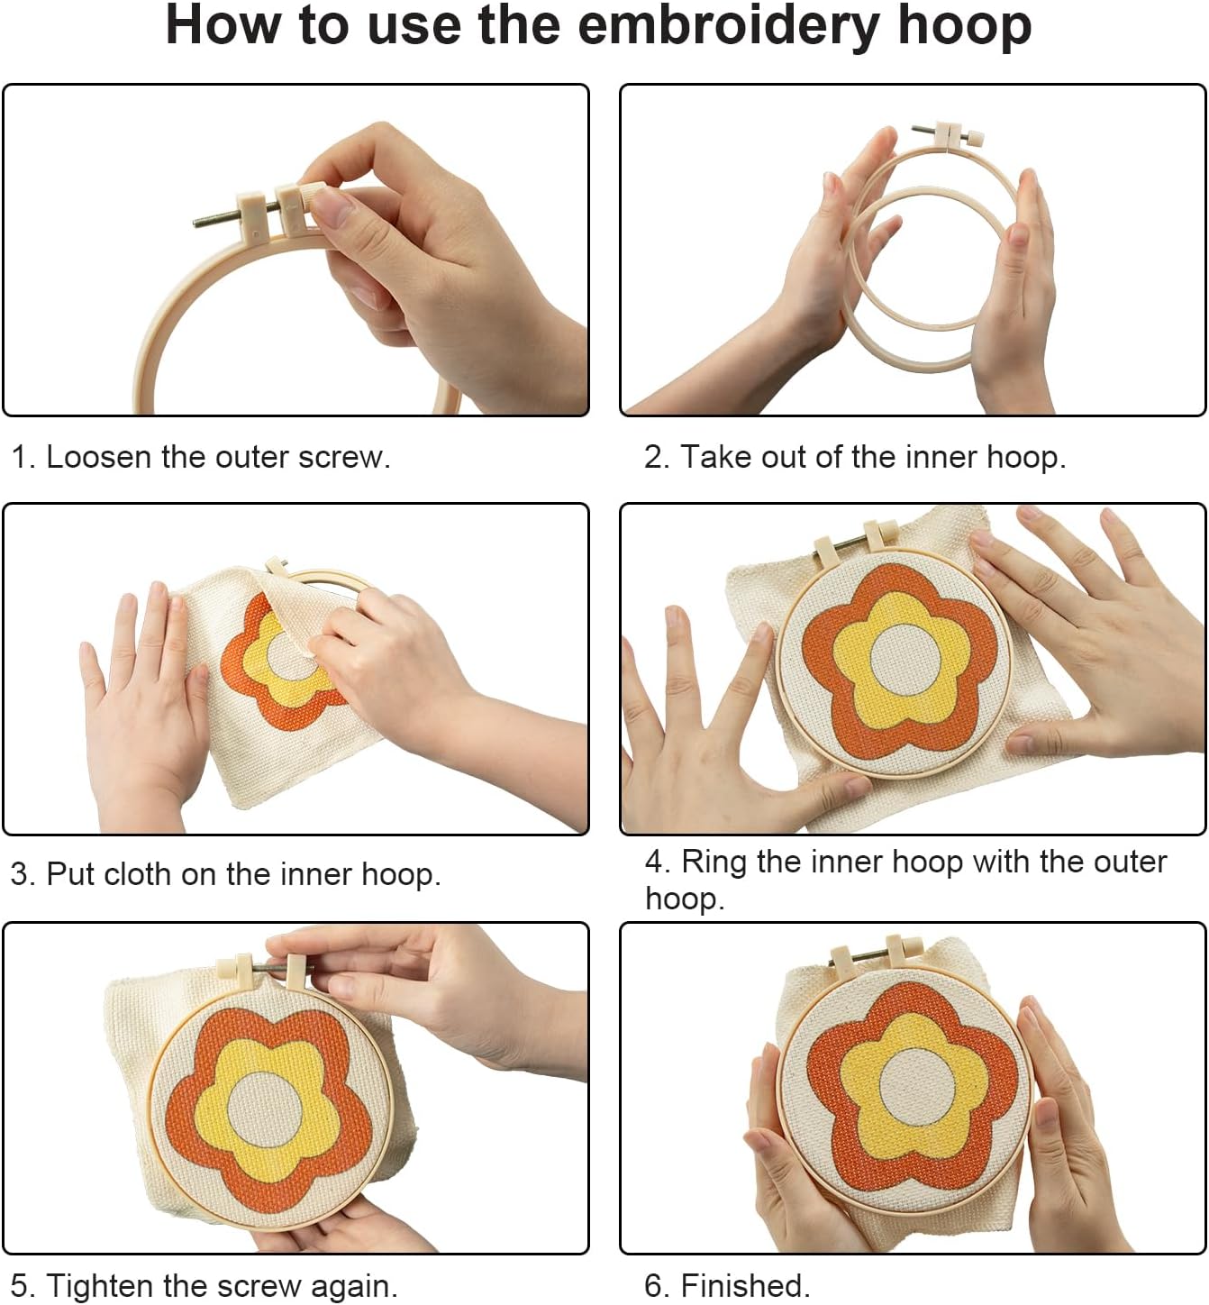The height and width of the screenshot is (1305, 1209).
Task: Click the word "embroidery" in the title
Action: click(730, 26)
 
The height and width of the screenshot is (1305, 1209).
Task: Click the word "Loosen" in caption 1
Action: click(98, 457)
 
